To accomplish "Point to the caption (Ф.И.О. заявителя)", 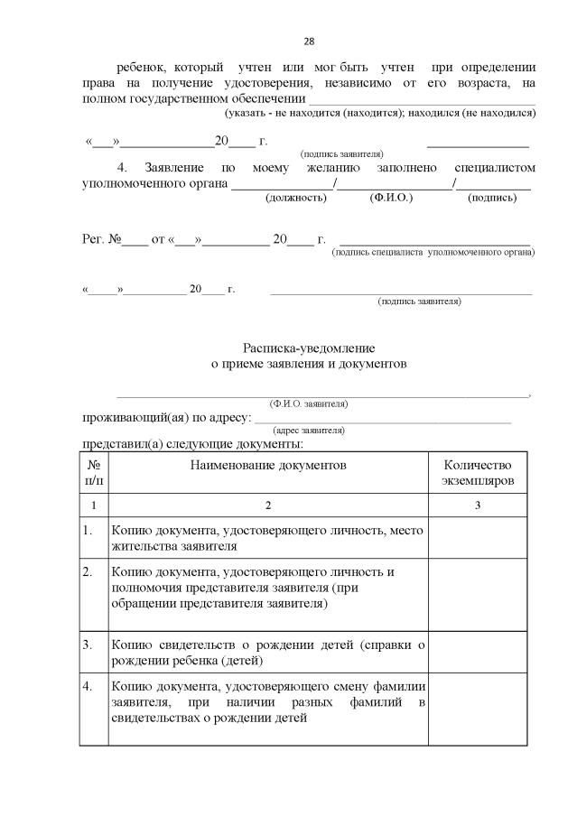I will (309, 403).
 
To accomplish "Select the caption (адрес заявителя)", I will (309, 431).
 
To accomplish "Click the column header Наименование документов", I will (267, 465).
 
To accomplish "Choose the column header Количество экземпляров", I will (478, 473).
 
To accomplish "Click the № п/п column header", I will (94, 473).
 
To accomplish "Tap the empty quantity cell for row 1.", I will (478, 538).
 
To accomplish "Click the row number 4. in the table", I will (88, 687).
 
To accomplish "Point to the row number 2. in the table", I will (88, 572).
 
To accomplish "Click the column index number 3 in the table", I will (478, 505).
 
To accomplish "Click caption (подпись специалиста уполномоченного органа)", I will (433, 253).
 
